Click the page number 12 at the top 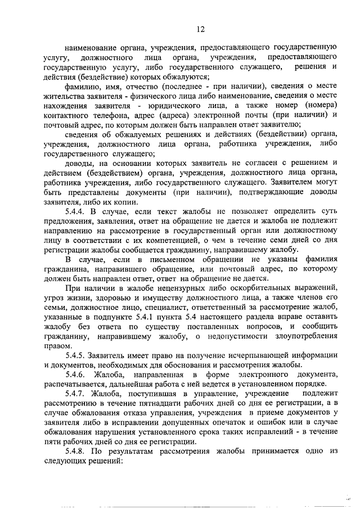[x=200, y=29]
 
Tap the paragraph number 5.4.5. [x=78, y=355]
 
